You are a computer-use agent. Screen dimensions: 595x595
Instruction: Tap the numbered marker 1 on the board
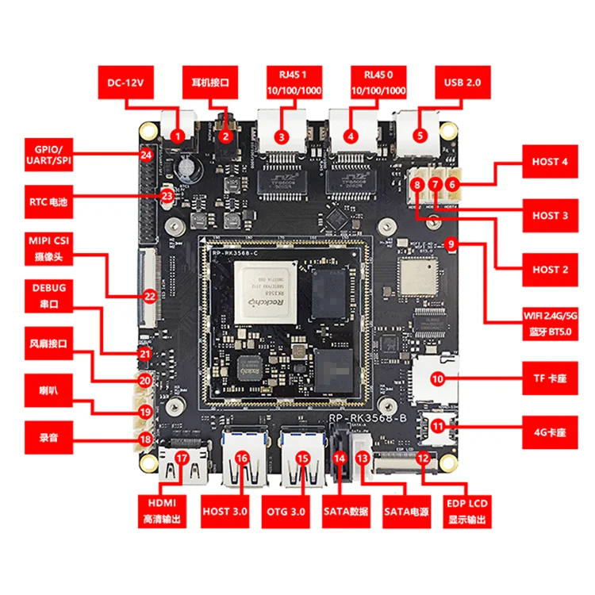(x=178, y=136)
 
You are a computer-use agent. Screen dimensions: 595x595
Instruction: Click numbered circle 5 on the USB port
(x=421, y=136)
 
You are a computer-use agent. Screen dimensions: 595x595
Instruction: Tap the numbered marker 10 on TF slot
(x=437, y=379)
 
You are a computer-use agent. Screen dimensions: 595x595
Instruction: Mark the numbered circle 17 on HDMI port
(x=182, y=458)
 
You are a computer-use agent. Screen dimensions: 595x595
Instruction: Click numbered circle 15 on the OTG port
(x=302, y=458)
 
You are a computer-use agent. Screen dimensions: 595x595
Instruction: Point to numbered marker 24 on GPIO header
(x=146, y=155)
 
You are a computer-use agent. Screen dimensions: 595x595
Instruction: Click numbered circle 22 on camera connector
(x=149, y=296)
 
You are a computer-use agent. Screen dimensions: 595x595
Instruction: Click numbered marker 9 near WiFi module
(x=451, y=245)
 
